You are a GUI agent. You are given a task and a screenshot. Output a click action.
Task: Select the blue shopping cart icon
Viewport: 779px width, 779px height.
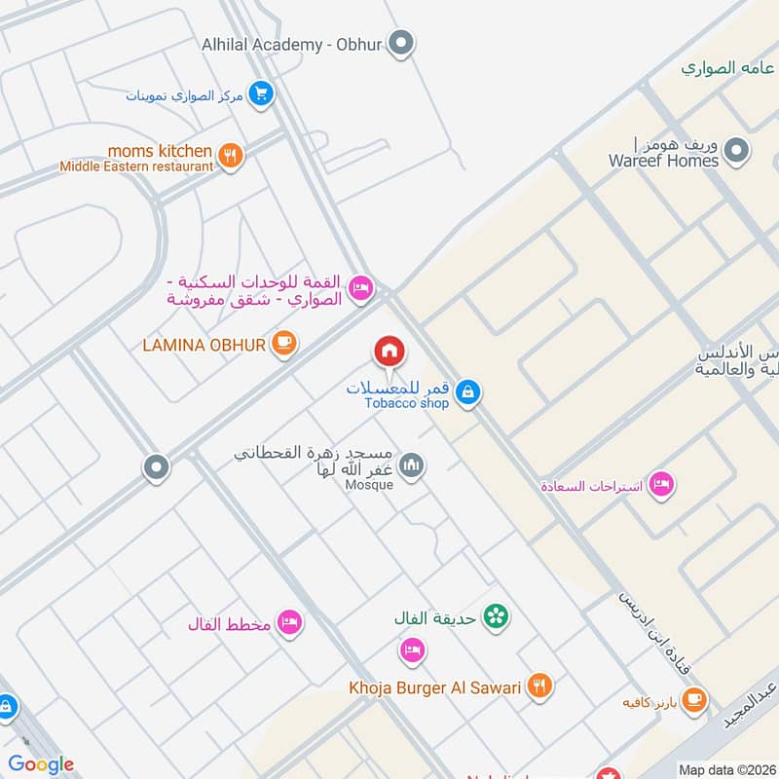click(x=260, y=94)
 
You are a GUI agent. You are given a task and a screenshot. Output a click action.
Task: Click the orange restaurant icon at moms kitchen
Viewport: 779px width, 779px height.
click(x=231, y=156)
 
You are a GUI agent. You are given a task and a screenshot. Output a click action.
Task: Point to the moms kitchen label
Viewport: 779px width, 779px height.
click(x=160, y=151)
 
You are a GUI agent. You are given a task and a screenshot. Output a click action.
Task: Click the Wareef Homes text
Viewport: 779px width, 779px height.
click(x=663, y=161)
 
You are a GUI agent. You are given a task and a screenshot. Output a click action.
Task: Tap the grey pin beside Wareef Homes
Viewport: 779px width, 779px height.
click(x=738, y=151)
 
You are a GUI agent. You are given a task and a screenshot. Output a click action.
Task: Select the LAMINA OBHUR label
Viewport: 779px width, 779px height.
click(x=204, y=345)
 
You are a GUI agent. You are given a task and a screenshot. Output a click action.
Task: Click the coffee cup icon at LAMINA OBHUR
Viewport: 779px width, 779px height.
click(x=283, y=345)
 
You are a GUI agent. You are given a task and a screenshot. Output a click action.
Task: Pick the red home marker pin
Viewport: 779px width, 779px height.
click(x=389, y=351)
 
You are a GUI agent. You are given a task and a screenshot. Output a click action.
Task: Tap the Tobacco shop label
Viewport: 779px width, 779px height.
click(x=407, y=403)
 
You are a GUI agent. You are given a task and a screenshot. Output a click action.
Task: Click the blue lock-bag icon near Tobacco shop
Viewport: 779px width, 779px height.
click(x=468, y=392)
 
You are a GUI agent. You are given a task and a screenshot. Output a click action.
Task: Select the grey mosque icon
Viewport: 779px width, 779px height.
click(x=412, y=466)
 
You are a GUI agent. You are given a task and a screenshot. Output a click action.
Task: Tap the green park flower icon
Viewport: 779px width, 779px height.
click(x=497, y=616)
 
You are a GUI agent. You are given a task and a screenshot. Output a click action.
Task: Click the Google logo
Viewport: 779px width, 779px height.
click(x=41, y=764)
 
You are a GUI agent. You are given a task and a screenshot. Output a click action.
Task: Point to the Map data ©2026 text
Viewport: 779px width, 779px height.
click(x=724, y=770)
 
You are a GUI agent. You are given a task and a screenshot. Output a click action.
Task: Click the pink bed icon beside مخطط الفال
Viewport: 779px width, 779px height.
click(x=288, y=622)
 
